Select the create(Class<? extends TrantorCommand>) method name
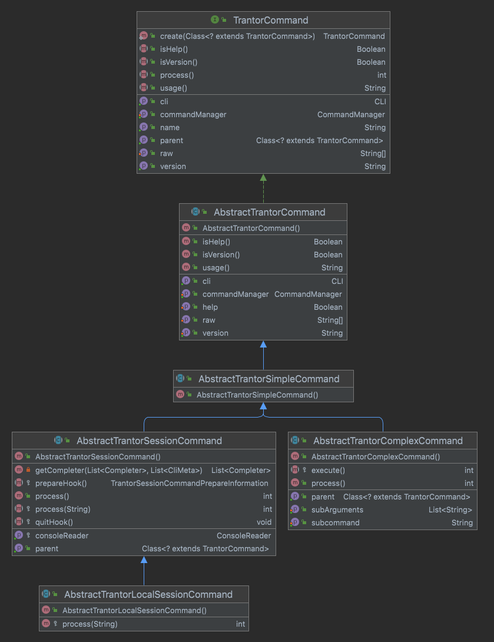click(237, 36)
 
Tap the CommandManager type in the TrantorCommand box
click(351, 114)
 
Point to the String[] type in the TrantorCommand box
click(373, 153)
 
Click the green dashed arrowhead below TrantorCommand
click(263, 178)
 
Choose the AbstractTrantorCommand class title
click(269, 212)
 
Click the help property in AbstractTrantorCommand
click(210, 307)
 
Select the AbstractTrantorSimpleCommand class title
click(268, 379)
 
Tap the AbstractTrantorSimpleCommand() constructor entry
click(257, 395)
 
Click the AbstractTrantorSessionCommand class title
click(149, 441)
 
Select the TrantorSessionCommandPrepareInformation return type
click(190, 483)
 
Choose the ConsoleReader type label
click(244, 535)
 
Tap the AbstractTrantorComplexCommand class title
click(388, 441)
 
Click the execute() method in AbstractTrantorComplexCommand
click(328, 470)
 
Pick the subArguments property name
click(337, 509)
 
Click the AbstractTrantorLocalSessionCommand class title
click(148, 594)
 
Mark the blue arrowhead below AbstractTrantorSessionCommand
click(144, 560)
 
